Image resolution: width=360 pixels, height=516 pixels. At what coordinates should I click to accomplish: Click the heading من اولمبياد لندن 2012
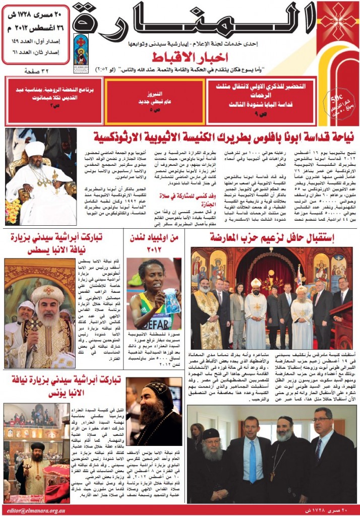154,242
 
